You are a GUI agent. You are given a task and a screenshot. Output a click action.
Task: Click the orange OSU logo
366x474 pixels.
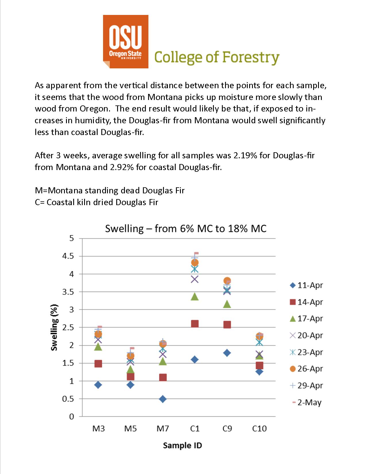[126, 42]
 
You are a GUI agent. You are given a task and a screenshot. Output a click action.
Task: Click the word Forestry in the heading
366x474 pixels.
[251, 57]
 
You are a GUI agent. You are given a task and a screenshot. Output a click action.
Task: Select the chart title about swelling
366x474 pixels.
[186, 229]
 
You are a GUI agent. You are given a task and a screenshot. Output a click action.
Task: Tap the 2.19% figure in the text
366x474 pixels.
[245, 155]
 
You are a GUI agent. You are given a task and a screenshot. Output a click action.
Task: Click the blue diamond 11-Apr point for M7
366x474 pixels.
[163, 399]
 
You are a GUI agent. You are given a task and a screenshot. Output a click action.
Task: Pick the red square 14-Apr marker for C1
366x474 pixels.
[195, 324]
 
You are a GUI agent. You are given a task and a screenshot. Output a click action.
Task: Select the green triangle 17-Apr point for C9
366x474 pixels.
[227, 304]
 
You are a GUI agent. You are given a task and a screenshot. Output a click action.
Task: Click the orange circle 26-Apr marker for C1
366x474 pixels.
[195, 263]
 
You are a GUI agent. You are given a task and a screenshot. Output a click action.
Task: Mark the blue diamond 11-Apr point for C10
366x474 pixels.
[259, 372]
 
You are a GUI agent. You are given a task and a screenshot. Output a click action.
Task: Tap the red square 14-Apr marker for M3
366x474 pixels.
[98, 364]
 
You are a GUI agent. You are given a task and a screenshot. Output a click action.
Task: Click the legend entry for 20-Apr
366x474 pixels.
[306, 336]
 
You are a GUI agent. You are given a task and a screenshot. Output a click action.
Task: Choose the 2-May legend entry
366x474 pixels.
[306, 402]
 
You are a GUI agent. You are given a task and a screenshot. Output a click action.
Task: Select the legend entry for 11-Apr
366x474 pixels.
[306, 285]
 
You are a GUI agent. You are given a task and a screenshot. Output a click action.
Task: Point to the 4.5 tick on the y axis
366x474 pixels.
[68, 256]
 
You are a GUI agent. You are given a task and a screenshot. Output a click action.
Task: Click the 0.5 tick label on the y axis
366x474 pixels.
[68, 399]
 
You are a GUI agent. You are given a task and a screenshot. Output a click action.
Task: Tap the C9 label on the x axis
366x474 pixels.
[227, 429]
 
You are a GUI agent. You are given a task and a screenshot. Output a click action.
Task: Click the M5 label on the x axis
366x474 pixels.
[130, 429]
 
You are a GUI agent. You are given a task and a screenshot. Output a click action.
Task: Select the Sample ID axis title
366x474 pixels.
[183, 446]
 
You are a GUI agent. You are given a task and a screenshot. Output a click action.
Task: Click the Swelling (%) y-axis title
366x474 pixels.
[54, 327]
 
